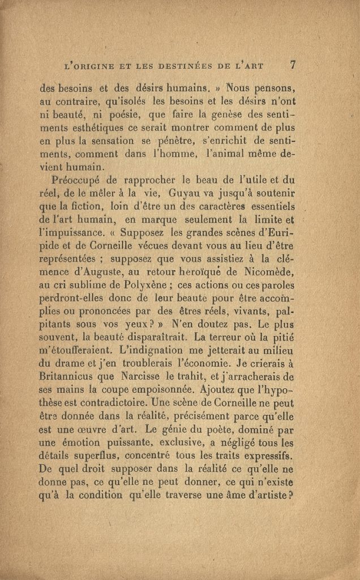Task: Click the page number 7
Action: pyautogui.click(x=293, y=65)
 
